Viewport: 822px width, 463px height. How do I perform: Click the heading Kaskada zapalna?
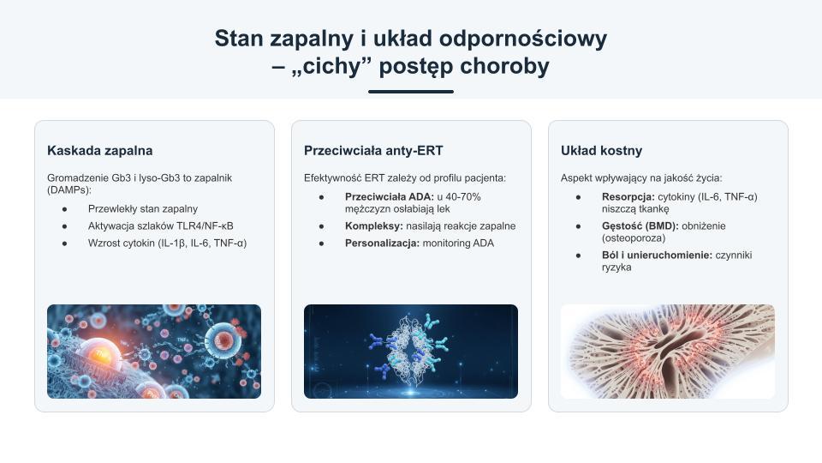[99, 151]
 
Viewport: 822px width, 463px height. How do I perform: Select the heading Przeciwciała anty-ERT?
[373, 151]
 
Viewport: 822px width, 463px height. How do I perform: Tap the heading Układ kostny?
[601, 151]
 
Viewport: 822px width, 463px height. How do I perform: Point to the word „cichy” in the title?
[331, 66]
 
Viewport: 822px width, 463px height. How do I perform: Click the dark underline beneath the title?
[411, 92]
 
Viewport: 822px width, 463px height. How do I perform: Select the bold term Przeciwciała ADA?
[390, 197]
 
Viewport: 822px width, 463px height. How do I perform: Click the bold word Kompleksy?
[374, 226]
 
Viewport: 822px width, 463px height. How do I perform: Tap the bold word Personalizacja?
[382, 243]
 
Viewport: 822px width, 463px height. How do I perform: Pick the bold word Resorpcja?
[628, 197]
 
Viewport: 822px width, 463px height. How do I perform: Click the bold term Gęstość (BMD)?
[640, 226]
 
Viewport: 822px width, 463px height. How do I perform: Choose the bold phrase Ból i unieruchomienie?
[657, 256]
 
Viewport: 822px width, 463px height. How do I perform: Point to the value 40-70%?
[463, 197]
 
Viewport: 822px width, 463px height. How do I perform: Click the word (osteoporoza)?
[634, 238]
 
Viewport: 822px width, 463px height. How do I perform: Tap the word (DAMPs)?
[69, 190]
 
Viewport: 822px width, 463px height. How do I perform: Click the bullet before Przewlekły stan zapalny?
[64, 209]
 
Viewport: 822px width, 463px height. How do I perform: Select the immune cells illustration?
[154, 352]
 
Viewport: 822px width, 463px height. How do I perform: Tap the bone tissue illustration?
[668, 352]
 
